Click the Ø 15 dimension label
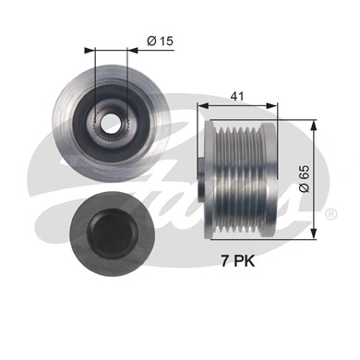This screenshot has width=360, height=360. point(162,41)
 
